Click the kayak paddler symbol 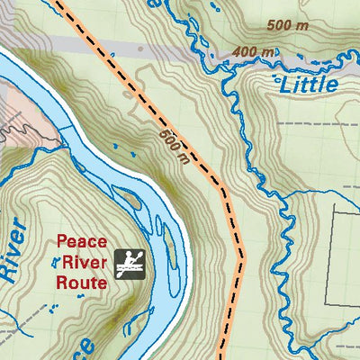(x=132, y=262)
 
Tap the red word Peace (x=82, y=241)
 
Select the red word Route (x=82, y=281)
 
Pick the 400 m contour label (x=252, y=52)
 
